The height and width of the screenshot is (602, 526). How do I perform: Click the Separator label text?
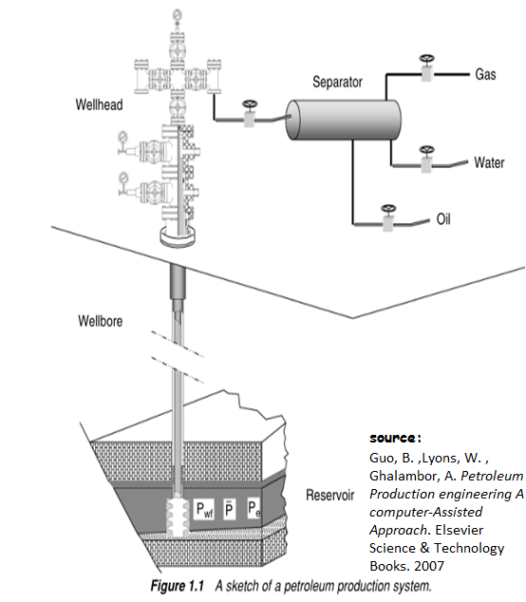[x=337, y=83]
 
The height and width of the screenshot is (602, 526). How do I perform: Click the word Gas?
[x=485, y=74]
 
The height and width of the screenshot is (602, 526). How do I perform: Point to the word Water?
[x=489, y=162]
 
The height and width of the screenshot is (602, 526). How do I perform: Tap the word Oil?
[x=442, y=219]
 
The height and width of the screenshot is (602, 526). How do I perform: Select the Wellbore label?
[x=100, y=321]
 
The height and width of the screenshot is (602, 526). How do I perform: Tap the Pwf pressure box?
[x=204, y=511]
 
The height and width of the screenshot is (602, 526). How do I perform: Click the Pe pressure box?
[x=254, y=511]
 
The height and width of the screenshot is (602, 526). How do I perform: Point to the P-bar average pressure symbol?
[x=229, y=510]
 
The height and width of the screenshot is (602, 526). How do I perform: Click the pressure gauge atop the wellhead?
[x=177, y=16]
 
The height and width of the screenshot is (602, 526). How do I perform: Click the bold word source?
[x=395, y=440]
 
